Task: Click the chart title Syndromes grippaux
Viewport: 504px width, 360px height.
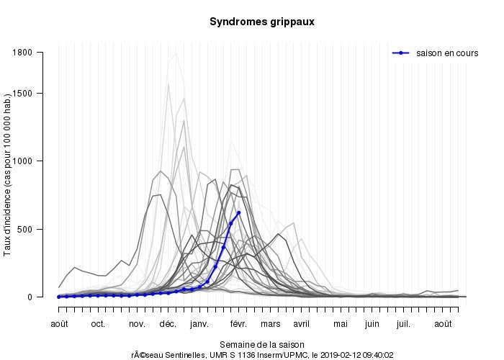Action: pyautogui.click(x=261, y=22)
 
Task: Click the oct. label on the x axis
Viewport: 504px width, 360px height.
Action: pyautogui.click(x=99, y=324)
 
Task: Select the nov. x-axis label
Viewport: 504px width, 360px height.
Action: pyautogui.click(x=137, y=324)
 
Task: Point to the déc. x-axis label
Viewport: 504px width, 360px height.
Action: pyautogui.click(x=168, y=324)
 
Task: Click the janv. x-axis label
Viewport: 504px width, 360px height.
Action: pyautogui.click(x=199, y=324)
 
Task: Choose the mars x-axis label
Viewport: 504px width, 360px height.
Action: pyautogui.click(x=270, y=324)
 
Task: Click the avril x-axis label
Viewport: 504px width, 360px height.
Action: pyautogui.click(x=301, y=324)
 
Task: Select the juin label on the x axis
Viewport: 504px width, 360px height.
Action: pyautogui.click(x=372, y=324)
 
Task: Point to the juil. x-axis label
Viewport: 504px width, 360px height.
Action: pyautogui.click(x=403, y=324)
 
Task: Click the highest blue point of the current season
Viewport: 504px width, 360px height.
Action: pyautogui.click(x=238, y=212)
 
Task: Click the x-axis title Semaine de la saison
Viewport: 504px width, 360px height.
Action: pyautogui.click(x=261, y=344)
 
